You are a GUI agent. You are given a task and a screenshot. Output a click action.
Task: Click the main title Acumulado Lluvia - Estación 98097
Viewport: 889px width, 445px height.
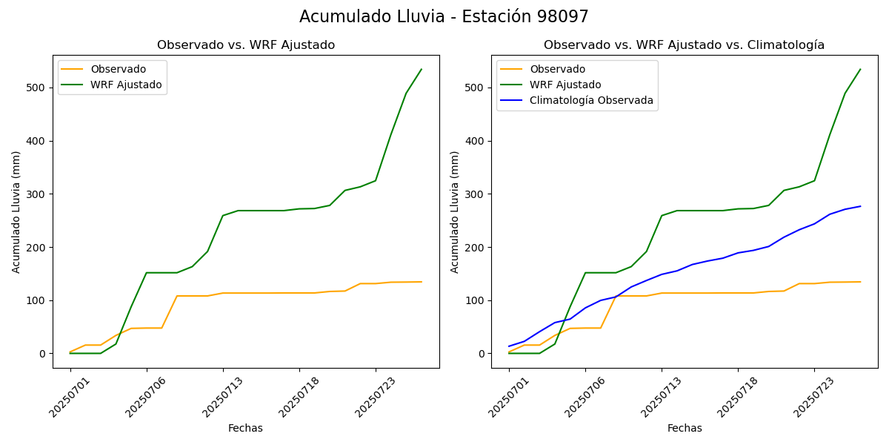point(444,16)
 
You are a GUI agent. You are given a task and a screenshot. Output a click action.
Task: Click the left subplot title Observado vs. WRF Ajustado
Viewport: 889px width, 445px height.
point(246,45)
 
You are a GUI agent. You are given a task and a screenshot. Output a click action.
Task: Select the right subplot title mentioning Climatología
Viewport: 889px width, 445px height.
point(684,45)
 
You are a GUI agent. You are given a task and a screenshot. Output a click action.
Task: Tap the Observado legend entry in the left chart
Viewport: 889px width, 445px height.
point(118,69)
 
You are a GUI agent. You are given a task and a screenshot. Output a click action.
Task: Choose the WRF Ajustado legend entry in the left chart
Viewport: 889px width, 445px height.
point(126,85)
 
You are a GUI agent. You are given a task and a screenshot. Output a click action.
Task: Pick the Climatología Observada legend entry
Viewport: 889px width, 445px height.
point(591,100)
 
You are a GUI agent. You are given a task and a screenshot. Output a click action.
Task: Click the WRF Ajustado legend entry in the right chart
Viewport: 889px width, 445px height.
point(565,85)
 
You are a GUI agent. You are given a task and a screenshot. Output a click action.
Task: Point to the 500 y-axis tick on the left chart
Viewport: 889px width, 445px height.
point(36,88)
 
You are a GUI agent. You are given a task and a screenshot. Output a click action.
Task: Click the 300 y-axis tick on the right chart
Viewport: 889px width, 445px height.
point(474,194)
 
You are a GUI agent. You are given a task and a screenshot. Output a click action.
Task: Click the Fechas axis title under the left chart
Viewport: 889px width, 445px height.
point(245,428)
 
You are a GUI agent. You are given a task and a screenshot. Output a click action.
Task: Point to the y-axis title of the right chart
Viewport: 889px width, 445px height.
point(455,211)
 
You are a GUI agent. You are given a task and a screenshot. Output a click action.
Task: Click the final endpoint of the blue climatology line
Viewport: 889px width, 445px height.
point(860,206)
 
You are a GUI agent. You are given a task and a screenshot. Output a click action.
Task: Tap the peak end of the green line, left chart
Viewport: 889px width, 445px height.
point(422,70)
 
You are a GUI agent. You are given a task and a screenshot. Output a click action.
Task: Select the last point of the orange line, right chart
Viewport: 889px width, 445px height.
point(860,282)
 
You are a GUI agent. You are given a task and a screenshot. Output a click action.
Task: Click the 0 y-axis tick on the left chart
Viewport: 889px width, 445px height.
point(43,354)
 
